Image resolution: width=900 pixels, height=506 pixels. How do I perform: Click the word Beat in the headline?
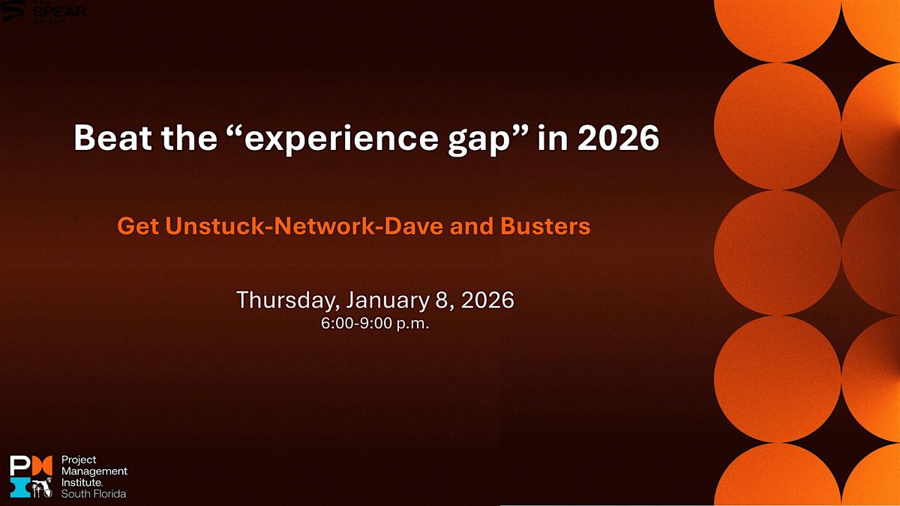[x=112, y=137]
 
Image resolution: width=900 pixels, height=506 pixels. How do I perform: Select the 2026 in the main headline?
[x=618, y=137]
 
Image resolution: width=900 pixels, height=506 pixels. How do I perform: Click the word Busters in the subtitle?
[x=545, y=226]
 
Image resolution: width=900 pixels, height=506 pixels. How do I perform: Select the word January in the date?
[x=387, y=301]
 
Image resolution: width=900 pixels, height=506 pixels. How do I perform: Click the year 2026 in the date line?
[x=487, y=300]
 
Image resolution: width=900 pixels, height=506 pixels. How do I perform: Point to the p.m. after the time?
[x=412, y=325]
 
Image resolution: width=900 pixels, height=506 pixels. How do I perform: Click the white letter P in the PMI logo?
[x=19, y=466]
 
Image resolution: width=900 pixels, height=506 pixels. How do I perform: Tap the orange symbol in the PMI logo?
[x=42, y=466]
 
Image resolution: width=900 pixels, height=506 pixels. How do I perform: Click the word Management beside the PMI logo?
[x=94, y=472]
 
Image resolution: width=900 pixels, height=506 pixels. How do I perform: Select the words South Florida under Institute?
[x=94, y=493]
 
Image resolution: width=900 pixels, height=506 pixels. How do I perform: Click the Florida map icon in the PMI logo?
[x=42, y=487]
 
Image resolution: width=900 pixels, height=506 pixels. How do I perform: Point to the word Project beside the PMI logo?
[x=79, y=460]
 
